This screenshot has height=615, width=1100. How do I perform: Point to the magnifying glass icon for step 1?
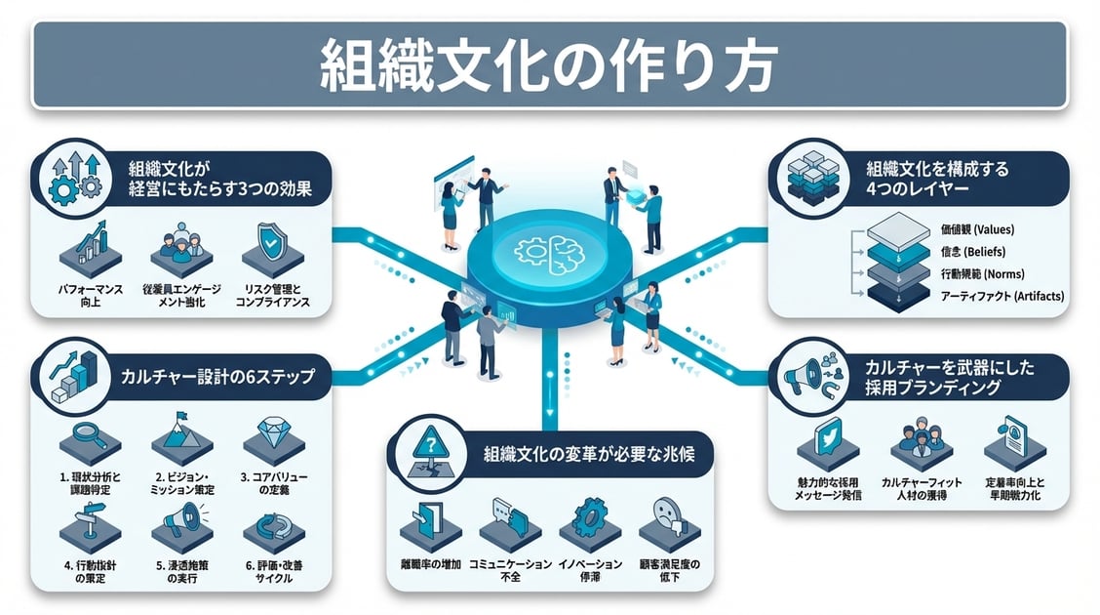coord(90,434)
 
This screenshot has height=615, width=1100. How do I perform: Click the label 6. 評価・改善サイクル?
coord(272,571)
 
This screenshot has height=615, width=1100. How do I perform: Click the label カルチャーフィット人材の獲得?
coord(921,490)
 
